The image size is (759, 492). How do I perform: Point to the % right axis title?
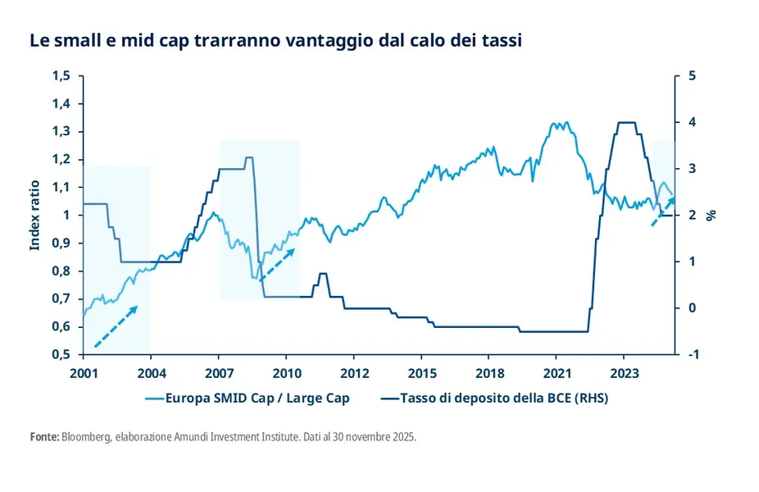(711, 215)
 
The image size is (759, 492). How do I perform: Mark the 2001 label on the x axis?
(83, 372)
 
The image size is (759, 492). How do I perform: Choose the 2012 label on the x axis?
(353, 372)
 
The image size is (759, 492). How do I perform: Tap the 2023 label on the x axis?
(624, 372)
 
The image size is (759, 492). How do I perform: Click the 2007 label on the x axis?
(218, 372)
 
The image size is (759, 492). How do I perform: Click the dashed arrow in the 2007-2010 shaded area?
(277, 264)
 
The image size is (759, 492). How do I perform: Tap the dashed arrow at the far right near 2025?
(663, 212)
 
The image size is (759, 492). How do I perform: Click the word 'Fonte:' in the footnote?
(44, 438)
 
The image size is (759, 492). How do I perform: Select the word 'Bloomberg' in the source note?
(84, 438)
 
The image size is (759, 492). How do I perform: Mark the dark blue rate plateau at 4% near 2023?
(625, 122)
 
